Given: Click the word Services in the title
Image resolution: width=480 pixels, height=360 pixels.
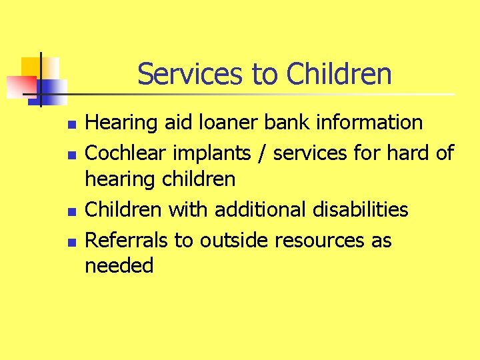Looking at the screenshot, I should tap(191, 74).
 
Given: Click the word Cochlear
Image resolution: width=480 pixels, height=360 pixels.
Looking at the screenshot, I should tap(127, 153).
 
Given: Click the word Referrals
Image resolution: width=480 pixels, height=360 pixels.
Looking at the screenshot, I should tap(127, 240).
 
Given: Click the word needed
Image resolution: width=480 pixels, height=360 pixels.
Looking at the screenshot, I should tap(119, 266).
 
